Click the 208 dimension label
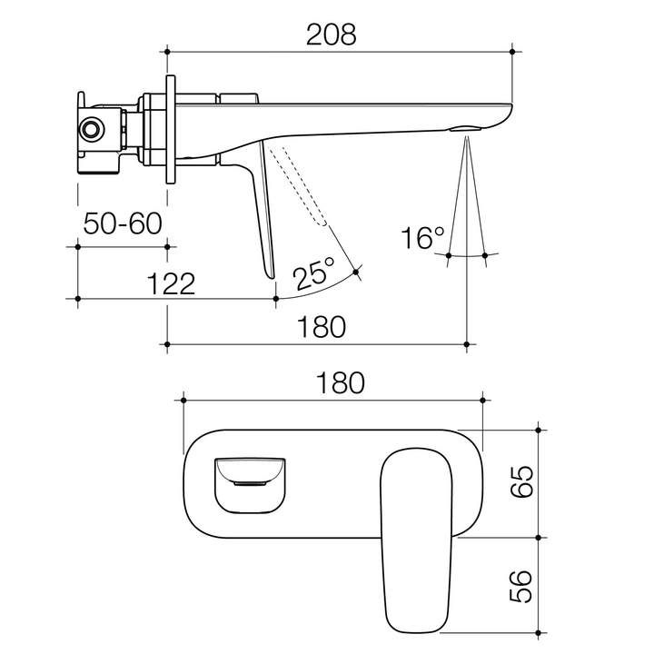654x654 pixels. point(330,34)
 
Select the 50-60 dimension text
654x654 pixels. point(122,223)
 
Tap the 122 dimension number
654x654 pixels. point(171,283)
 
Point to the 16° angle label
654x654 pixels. point(422,239)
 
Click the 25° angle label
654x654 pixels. point(313,272)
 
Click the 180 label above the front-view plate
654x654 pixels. point(336,382)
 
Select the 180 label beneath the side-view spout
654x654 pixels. point(320,327)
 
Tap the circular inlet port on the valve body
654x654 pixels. point(91,129)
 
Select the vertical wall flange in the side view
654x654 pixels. point(169,130)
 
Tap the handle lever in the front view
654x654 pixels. point(419,536)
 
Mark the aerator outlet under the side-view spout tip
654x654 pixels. point(464,128)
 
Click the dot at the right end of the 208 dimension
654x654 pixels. point(514,53)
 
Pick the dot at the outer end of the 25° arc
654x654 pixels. point(356,271)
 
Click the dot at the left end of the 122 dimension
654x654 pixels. point(79,298)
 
